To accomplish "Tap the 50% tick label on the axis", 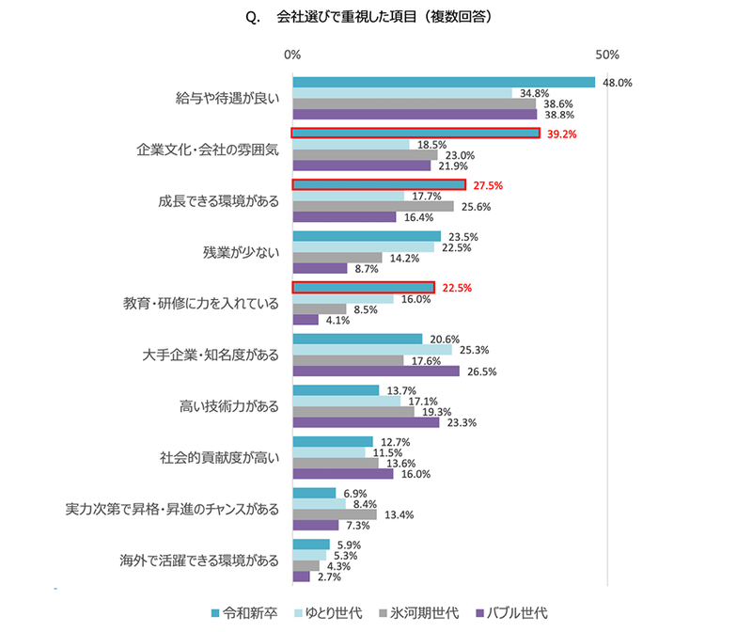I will tap(607, 55).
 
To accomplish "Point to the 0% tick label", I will tap(292, 55).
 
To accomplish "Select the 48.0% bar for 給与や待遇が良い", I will tap(444, 82).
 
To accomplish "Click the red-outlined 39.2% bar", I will tap(415, 134).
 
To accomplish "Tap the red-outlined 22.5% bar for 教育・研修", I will tap(363, 287).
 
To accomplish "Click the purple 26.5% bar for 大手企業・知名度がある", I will tap(376, 371).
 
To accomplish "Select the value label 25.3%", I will tap(474, 349).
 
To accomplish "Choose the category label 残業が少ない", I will tap(242, 253).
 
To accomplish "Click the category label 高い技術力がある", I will tap(229, 406).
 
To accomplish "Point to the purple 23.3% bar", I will tap(366, 422).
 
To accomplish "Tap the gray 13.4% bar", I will tap(335, 514).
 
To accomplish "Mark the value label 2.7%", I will tap(329, 577).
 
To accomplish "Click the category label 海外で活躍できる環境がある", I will tap(200, 561).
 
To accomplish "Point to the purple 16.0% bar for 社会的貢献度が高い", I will tap(343, 474).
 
